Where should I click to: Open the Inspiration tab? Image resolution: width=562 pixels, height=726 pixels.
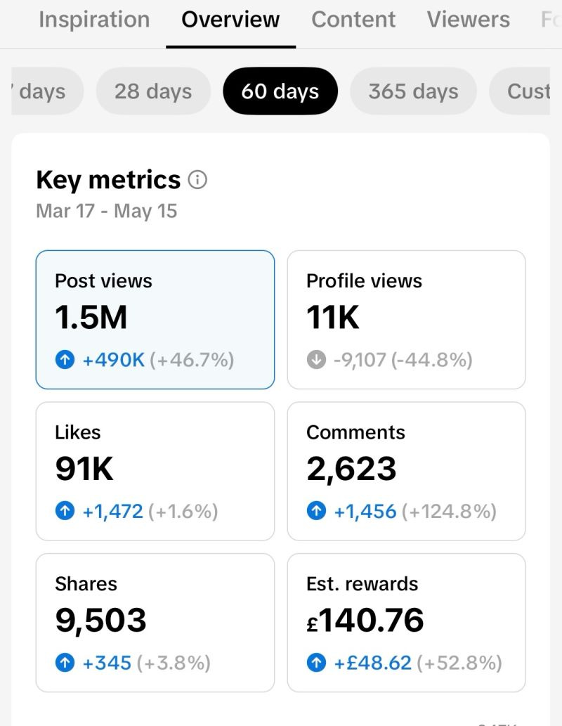94,20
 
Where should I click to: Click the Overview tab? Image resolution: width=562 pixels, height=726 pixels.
230,20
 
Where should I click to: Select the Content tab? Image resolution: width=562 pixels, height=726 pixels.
353,20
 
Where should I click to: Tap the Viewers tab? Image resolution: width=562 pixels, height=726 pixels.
468,20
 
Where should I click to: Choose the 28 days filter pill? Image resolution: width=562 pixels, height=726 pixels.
153,91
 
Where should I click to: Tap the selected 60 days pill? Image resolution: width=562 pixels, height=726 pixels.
280,91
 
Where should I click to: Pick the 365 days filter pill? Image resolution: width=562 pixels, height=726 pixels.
413,91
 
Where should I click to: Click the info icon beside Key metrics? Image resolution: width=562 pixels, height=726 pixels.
197,180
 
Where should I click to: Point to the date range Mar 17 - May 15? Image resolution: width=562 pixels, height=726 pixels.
107,211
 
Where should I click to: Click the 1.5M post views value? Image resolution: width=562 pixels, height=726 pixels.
91,318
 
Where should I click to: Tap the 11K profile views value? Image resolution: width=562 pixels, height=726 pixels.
332,318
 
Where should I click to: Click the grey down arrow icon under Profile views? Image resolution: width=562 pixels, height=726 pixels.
316,359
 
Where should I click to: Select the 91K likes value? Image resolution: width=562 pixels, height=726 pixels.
84,469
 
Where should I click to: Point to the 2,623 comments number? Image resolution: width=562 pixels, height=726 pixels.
351,469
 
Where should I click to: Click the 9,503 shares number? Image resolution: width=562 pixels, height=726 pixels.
100,621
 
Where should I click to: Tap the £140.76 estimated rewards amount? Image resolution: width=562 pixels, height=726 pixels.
365,621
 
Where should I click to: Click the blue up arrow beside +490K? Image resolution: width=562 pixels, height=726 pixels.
65,359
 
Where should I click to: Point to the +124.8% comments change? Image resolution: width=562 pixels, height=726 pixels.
449,512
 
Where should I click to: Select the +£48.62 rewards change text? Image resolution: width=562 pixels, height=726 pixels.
372,663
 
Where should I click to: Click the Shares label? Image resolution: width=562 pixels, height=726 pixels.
86,584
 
